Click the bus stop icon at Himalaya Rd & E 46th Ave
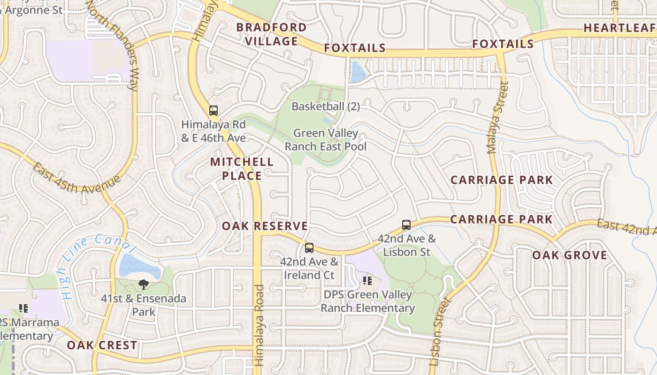click(214, 111)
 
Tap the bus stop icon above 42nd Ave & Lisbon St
click(406, 225)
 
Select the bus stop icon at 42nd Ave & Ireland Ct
click(309, 248)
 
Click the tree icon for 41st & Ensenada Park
click(143, 284)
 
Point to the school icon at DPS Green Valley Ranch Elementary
click(367, 281)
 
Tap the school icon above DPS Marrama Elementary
click(23, 308)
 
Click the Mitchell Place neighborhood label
click(242, 169)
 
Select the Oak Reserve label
click(265, 226)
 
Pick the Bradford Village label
click(271, 34)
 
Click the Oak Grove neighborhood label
click(569, 255)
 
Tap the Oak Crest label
click(102, 345)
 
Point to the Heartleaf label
click(619, 28)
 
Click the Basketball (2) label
click(326, 106)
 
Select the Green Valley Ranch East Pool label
click(326, 140)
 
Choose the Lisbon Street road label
click(439, 330)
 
